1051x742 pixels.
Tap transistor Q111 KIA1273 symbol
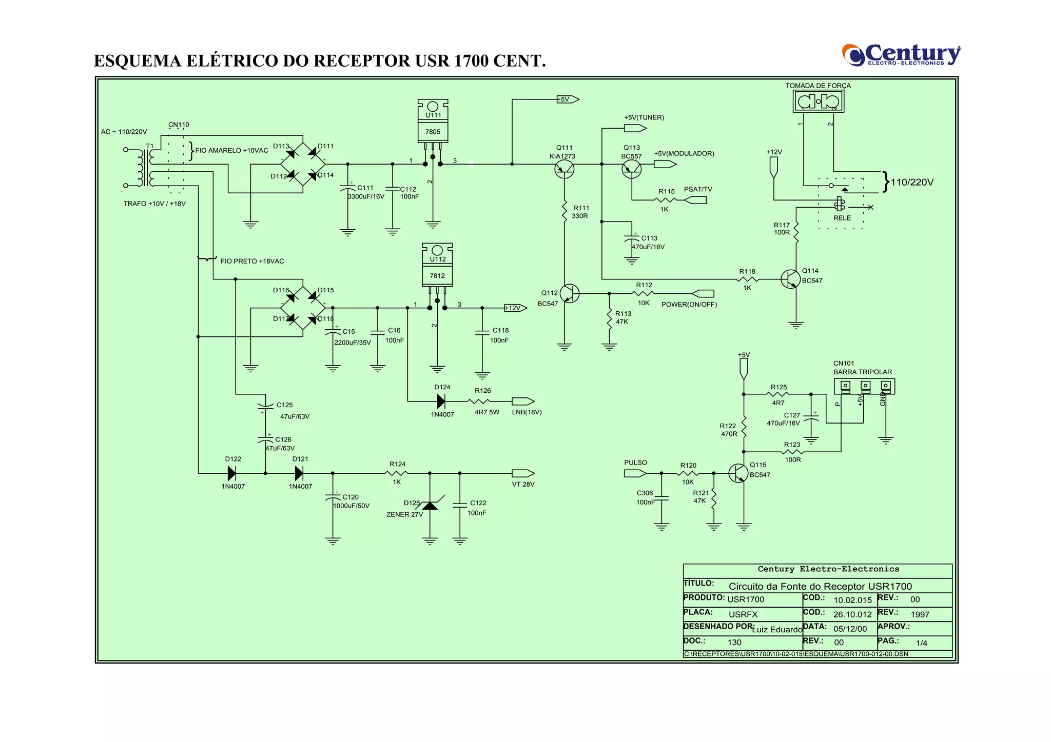coord(564,168)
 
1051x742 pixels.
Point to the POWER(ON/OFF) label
coord(689,305)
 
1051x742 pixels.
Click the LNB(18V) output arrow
coord(523,402)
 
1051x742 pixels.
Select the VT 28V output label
coord(523,484)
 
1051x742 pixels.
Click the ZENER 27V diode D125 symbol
coord(430,506)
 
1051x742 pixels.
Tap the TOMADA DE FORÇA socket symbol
coord(818,102)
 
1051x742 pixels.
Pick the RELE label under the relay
coord(842,218)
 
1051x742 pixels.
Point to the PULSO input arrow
coord(635,473)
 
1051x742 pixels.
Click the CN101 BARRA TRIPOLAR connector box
coord(864,386)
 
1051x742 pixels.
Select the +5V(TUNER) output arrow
coord(635,128)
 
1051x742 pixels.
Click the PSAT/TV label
coord(698,189)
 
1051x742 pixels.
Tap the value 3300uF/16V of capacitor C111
coord(366,197)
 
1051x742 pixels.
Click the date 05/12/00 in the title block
coord(850,629)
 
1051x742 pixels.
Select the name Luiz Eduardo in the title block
coord(777,630)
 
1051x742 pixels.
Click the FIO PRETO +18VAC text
coord(252,261)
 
